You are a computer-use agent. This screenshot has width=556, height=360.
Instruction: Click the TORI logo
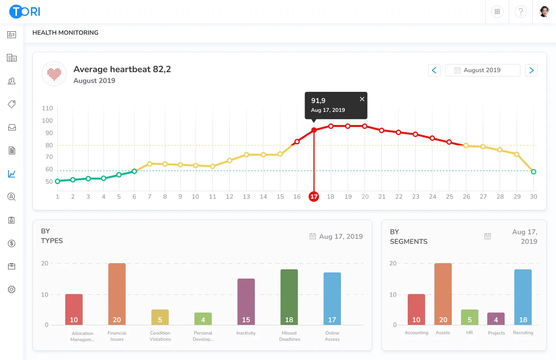pos(25,12)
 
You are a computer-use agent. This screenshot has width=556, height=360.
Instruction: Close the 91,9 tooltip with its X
pos(362,99)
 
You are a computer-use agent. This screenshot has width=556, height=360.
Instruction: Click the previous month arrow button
pos(434,70)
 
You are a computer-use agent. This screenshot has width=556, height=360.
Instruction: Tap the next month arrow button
pos(531,70)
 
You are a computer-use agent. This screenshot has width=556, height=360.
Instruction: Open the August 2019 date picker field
pos(482,70)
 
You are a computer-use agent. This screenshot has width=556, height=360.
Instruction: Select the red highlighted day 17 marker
pos(314,197)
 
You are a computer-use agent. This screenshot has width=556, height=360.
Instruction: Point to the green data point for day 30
pos(533,172)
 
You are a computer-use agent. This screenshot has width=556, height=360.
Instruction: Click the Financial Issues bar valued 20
pos(117,294)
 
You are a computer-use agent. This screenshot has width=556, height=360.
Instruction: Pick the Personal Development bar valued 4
pos(203,319)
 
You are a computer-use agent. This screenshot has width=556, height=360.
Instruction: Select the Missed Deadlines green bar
pos(289,297)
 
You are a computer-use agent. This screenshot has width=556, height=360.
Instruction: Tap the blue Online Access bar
pos(332,299)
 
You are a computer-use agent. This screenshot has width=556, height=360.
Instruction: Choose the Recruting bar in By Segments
pos(523,297)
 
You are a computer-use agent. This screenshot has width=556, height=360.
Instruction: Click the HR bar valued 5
pos(470,317)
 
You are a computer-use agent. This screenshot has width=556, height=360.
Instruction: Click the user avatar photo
pos(544,12)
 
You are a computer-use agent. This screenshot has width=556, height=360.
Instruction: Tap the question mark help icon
pos(520,12)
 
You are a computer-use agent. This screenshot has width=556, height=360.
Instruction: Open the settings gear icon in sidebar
pos(12,289)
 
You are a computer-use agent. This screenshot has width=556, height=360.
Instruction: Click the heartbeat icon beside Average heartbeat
pos(54,73)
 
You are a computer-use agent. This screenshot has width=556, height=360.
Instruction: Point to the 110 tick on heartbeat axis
pos(47,108)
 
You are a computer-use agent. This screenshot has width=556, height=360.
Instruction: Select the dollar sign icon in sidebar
pos(12,243)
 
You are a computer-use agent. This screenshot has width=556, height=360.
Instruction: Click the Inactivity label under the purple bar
pos(246,333)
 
